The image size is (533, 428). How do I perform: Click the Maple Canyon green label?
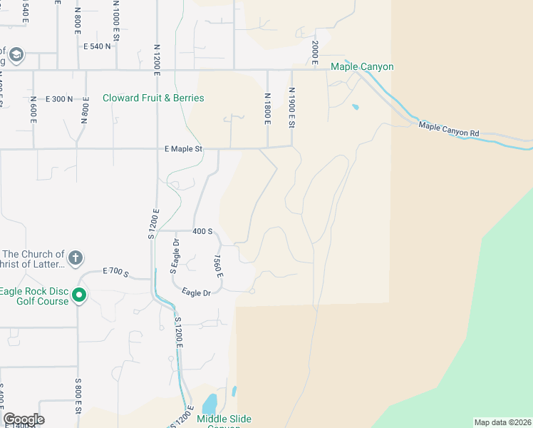pos(362,67)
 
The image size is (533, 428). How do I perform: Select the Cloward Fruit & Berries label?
pos(153,98)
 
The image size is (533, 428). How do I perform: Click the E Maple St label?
pos(184,149)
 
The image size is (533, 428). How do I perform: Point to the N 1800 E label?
pos(268,109)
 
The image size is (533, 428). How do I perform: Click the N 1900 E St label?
pos(291,108)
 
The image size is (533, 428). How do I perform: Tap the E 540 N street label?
pos(98,46)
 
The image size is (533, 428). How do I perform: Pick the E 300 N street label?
pos(59,98)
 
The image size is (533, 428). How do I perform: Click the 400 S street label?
pos(203,232)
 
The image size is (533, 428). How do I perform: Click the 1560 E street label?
pos(218,266)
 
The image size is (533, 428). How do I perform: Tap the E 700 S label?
pos(115,272)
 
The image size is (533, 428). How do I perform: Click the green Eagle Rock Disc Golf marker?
pos(80,294)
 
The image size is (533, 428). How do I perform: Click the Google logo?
pos(24,419)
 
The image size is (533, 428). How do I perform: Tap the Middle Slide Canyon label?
pos(224,419)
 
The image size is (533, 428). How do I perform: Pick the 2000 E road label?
pos(314,49)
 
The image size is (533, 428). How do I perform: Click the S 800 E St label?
pos(79,397)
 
